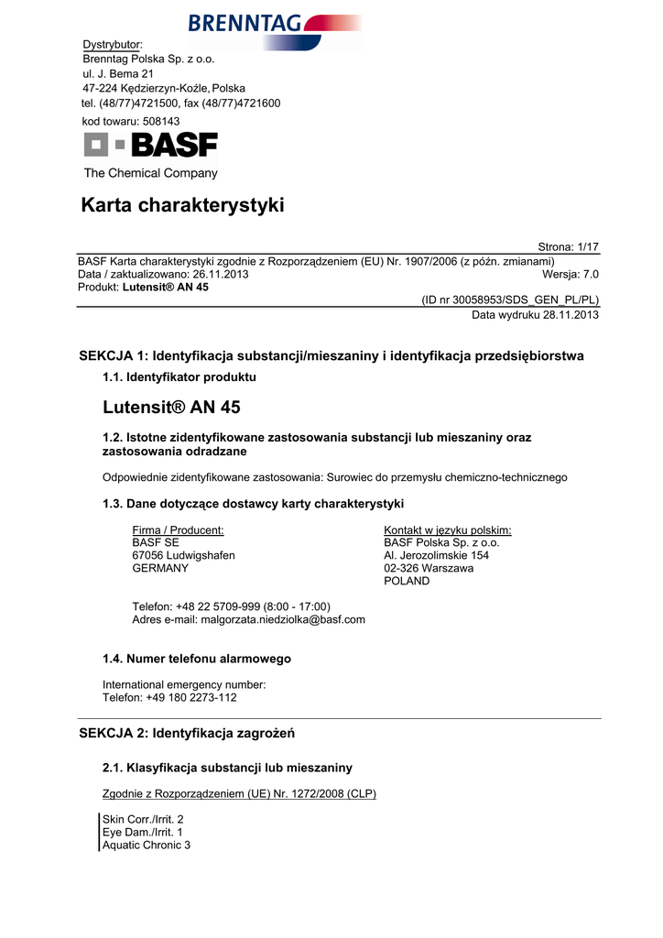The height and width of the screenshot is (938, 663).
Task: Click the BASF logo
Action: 151,145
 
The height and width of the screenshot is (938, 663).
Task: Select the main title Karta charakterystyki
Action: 183,206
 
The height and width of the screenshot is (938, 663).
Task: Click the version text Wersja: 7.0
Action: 571,274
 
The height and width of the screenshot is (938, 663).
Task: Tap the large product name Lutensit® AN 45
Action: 171,408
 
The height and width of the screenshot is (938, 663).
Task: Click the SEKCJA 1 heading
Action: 331,355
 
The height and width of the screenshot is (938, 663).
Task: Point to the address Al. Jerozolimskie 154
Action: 436,555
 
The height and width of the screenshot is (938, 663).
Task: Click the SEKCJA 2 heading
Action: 187,734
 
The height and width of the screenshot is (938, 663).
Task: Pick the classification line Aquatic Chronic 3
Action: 147,845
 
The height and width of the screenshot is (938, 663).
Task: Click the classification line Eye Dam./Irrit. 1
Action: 143,831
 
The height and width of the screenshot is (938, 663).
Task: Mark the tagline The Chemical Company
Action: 151,173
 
